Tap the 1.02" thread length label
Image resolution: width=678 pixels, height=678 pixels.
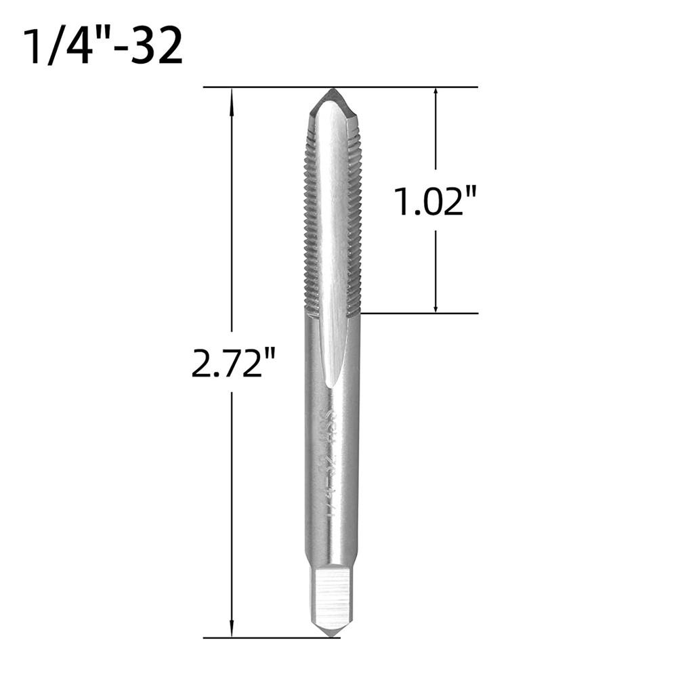[436, 203]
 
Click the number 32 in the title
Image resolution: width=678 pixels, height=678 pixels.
[157, 46]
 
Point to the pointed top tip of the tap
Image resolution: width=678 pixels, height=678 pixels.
[332, 91]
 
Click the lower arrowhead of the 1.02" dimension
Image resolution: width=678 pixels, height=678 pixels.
[436, 307]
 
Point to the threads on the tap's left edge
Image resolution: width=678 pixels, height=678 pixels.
[310, 217]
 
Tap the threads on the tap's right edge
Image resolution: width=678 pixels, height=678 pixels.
[355, 217]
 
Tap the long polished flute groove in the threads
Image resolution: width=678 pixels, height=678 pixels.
[331, 224]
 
